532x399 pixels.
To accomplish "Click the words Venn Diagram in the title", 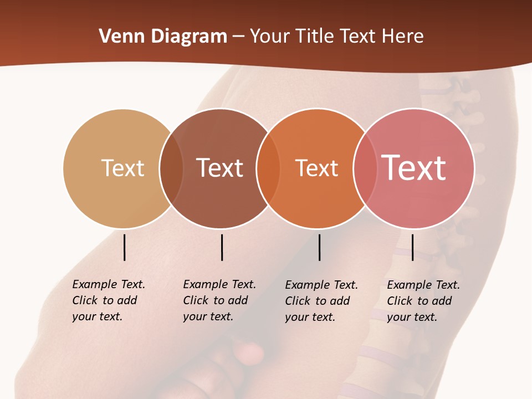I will coord(163,37).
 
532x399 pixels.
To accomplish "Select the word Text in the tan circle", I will coord(122,168).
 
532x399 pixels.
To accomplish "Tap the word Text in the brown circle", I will coord(219,168).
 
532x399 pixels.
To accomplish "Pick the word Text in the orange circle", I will coord(316,168).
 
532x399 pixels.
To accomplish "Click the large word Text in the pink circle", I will coord(414,167).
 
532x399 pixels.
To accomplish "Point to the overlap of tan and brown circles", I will coord(171,168).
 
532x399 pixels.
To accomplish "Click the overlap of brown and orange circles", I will coord(268,168).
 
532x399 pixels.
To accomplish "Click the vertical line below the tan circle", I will coord(124,247).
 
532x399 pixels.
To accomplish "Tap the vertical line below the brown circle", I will coord(222,247).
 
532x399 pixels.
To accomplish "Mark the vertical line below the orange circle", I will coord(319,247).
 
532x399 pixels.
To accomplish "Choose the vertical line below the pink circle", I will coord(412,247).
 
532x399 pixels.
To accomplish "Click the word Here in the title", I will coord(403,37).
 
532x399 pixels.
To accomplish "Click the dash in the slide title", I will coord(238,37).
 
